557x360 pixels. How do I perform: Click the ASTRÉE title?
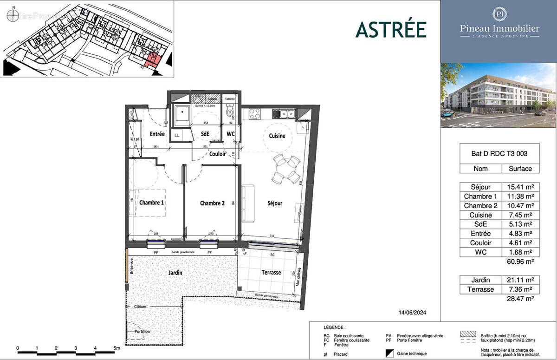pos(391,29)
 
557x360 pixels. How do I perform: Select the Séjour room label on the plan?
pos(275,203)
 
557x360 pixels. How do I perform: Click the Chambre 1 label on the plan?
pos(152,203)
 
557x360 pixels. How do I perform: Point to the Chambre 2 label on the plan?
pos(212,203)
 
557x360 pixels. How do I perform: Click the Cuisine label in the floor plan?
pos(277,136)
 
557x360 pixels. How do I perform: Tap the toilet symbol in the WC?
pos(229,112)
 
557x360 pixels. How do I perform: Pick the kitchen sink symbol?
pos(284,113)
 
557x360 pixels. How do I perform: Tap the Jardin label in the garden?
pos(175,273)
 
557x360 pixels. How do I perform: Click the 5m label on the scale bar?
pos(117,348)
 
